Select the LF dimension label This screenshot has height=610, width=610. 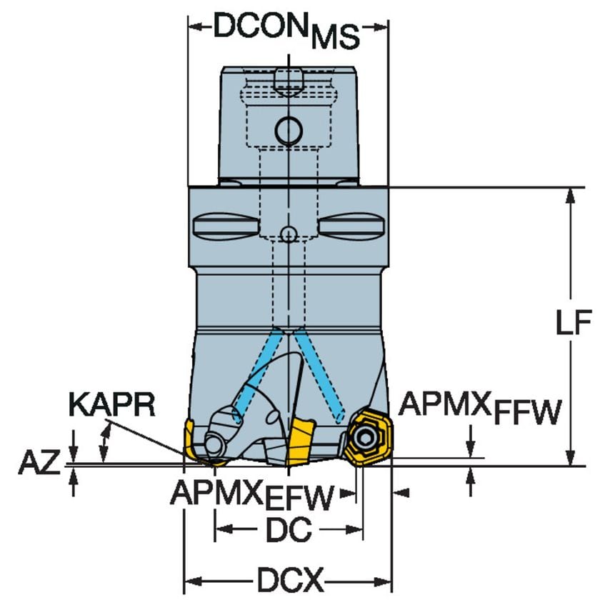574,324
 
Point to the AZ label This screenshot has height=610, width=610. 39,464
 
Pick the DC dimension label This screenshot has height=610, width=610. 289,529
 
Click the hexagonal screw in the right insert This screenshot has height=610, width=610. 366,437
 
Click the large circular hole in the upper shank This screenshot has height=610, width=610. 289,130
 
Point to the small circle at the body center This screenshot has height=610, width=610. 288,234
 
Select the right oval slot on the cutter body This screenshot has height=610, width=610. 351,226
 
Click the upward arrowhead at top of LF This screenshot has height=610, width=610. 570,196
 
